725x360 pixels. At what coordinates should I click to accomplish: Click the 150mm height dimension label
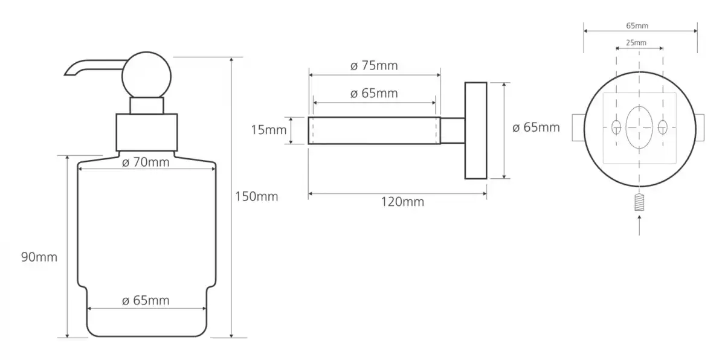point(256,196)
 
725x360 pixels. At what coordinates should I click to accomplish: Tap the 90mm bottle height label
point(39,257)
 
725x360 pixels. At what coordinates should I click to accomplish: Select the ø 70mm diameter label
point(146,162)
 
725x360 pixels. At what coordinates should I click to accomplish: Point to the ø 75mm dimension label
point(374,65)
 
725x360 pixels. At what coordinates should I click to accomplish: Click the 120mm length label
point(402,202)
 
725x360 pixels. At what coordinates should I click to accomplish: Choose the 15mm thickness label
point(269,130)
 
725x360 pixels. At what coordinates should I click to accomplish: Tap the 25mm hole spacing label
point(636,43)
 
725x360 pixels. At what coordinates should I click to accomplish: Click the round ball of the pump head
point(147,76)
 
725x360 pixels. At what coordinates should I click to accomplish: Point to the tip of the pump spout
point(65,75)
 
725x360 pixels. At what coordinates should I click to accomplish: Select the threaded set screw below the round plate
point(639,202)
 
